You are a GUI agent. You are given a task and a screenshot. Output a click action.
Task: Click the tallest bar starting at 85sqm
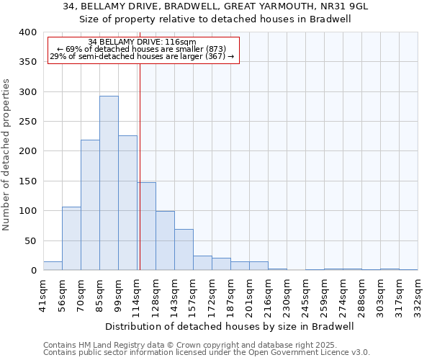pyautogui.click(x=109, y=183)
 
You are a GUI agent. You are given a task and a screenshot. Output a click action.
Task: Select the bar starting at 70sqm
pyautogui.click(x=90, y=205)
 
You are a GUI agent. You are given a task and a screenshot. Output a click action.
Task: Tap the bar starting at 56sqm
pyautogui.click(x=71, y=238)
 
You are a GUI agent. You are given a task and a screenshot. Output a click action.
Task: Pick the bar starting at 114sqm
pyautogui.click(x=146, y=226)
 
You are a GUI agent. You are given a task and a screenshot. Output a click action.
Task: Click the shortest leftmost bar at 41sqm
pyautogui.click(x=53, y=266)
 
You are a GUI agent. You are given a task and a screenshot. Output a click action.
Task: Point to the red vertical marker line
pyautogui.click(x=140, y=166)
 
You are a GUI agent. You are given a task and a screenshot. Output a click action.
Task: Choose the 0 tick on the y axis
pyautogui.click(x=33, y=271)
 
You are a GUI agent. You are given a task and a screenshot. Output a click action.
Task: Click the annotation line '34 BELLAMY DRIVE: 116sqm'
pyautogui.click(x=142, y=42)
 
